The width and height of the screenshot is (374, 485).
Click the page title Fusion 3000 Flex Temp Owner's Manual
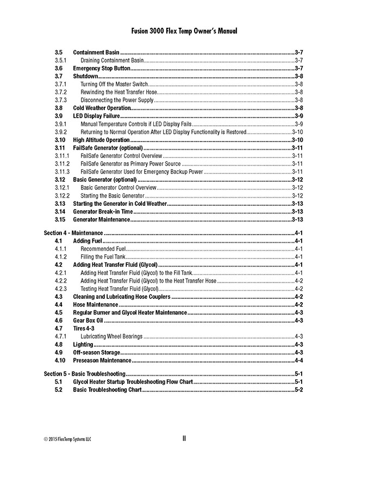184,32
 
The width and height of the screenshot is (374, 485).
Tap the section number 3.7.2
60,92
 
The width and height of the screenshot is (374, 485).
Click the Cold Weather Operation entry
102,108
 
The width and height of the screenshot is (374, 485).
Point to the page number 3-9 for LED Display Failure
298,116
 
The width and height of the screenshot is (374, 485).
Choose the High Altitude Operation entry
101,140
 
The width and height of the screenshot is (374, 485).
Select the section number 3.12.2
62,195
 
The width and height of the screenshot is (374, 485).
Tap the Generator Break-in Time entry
103,211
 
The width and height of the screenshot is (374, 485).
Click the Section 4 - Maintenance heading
73,232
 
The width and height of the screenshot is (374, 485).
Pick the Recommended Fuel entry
103,249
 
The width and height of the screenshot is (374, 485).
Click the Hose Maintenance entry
96,304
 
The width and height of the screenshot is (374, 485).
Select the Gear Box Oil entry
88,321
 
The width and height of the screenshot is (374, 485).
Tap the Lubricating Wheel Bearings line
111,336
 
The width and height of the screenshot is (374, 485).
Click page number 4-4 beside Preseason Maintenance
298,360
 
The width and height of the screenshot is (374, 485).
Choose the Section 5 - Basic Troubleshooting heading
84,374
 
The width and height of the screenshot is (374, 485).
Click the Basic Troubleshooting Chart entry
107,390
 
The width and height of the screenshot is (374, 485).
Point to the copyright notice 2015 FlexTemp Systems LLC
67,439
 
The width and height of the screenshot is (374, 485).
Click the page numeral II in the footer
184,438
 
